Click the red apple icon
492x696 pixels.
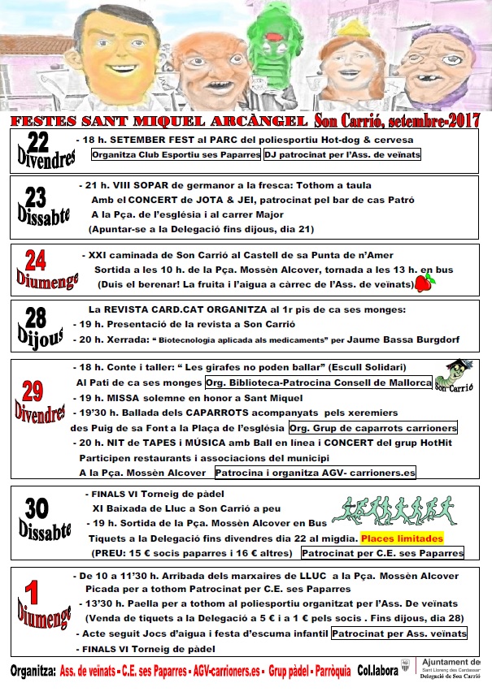(424, 283)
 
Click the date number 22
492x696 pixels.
(37, 143)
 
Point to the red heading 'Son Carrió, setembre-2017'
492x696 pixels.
(397, 120)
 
